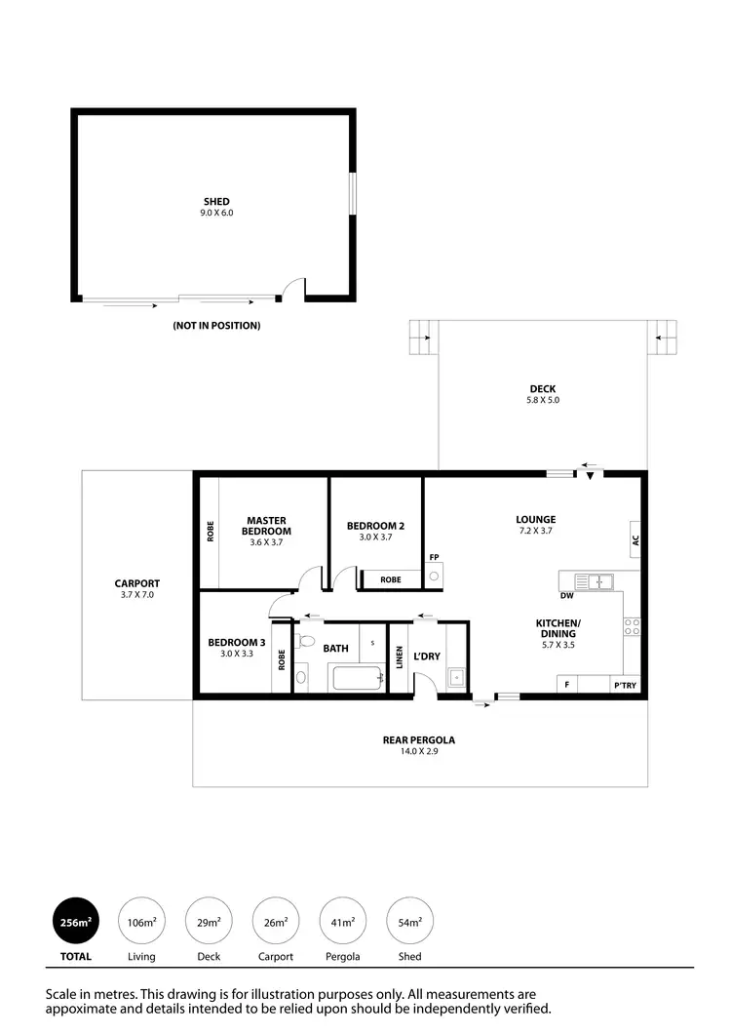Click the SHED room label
(x=216, y=202)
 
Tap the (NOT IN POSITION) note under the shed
(x=216, y=326)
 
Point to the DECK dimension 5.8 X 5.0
(x=544, y=400)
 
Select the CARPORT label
(x=136, y=583)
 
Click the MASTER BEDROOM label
(x=265, y=526)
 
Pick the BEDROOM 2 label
(x=375, y=526)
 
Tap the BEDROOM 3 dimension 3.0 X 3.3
(x=236, y=654)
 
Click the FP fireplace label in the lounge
(x=433, y=558)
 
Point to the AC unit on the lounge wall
(x=635, y=537)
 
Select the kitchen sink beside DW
(x=593, y=582)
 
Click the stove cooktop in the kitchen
(x=631, y=629)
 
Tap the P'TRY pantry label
(x=625, y=686)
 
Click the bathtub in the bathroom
(x=356, y=677)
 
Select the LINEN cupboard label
(x=400, y=657)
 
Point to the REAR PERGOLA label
(x=418, y=739)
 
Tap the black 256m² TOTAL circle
(x=76, y=921)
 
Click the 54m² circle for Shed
(x=410, y=921)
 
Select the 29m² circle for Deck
(x=209, y=921)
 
